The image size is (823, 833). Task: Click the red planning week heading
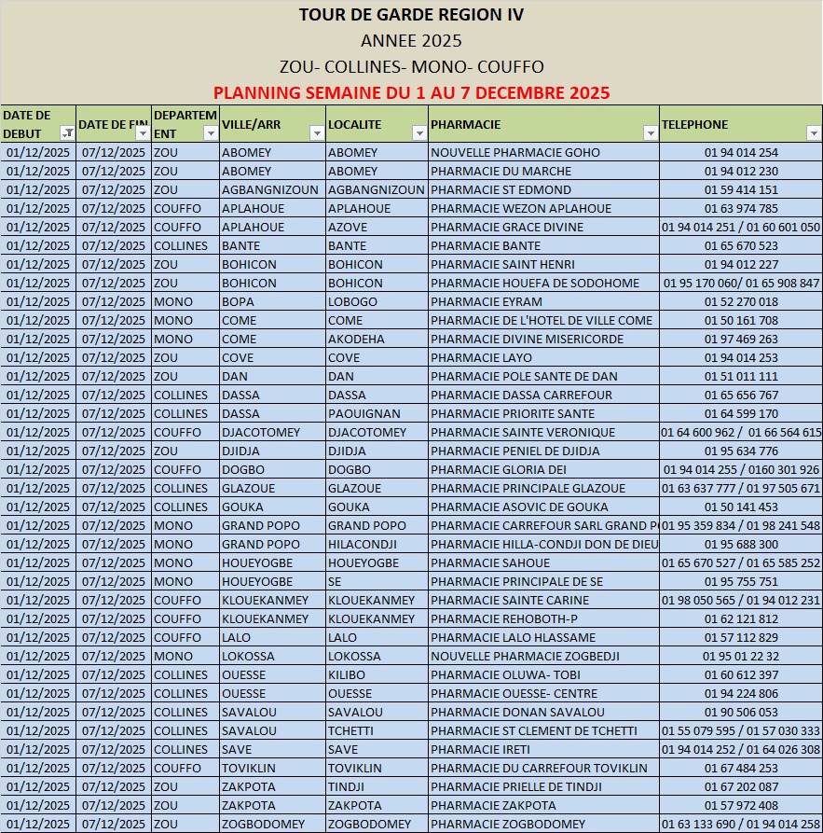(411, 92)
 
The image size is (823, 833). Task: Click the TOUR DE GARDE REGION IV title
(411, 15)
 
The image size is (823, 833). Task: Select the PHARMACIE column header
(466, 124)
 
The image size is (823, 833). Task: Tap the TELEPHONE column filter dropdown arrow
(813, 133)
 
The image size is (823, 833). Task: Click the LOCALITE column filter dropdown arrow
(418, 133)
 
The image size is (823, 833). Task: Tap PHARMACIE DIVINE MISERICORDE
(528, 339)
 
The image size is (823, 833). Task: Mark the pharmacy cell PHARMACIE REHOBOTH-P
(504, 618)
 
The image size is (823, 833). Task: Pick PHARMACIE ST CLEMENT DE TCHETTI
(534, 730)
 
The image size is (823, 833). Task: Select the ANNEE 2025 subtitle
(411, 40)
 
